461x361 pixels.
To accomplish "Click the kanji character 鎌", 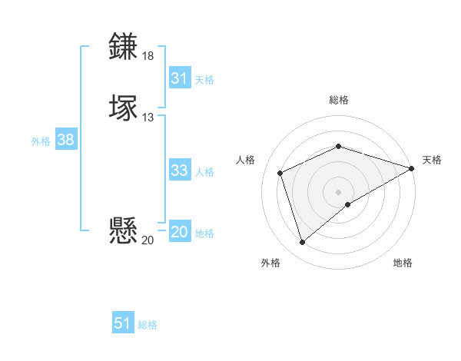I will tap(124, 47).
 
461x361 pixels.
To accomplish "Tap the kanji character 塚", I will tap(124, 108).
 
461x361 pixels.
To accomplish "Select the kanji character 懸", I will tap(124, 230).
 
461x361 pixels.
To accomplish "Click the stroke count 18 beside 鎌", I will tap(148, 56).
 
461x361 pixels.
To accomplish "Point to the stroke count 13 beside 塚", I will tap(148, 118).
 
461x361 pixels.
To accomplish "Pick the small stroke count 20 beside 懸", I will tap(148, 240).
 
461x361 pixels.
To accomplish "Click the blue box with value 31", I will tap(180, 78).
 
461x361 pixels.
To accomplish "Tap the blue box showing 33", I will tap(180, 171).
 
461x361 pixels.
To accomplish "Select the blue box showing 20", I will tap(180, 232).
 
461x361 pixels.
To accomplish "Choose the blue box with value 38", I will tap(65, 140).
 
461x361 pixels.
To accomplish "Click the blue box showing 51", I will tap(123, 323).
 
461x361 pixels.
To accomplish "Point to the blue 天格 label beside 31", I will tap(204, 79).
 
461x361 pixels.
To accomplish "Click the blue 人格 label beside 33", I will tap(204, 172).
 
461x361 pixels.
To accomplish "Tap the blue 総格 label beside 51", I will tap(148, 325).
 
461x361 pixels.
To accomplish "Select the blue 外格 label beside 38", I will tap(41, 141).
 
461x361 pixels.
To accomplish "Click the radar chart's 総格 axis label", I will tap(339, 100).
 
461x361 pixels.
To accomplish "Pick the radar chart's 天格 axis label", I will tap(432, 160).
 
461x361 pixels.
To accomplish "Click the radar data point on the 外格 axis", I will tap(302, 243).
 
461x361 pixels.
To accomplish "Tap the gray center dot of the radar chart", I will tap(339, 192).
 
